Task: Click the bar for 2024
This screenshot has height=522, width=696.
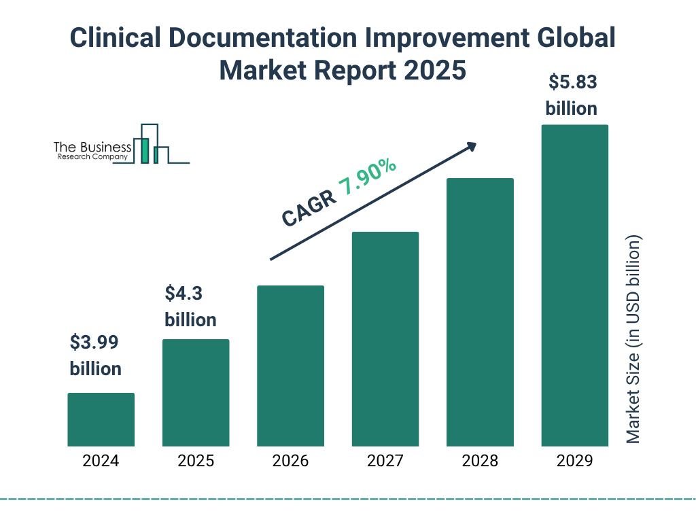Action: click(101, 419)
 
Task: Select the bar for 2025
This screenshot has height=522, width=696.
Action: click(196, 393)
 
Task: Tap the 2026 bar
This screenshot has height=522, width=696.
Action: click(290, 366)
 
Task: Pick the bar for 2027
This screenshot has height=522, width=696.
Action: click(385, 339)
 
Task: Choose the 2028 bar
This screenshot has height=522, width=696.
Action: click(480, 312)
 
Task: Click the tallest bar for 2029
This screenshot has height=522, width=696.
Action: click(574, 285)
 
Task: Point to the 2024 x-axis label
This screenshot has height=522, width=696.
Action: click(101, 461)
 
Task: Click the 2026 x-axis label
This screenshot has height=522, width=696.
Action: click(290, 461)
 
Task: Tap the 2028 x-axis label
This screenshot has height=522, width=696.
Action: click(480, 461)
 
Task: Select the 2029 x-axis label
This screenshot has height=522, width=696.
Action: click(574, 461)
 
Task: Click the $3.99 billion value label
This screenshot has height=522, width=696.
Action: click(96, 355)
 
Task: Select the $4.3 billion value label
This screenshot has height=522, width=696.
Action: click(190, 307)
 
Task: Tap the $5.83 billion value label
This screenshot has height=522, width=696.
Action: click(572, 95)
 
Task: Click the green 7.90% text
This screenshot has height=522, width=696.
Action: click(368, 177)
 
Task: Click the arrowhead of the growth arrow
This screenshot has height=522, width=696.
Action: click(471, 146)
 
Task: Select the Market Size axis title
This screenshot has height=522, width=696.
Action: click(633, 340)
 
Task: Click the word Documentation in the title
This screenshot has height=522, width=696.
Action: click(279, 39)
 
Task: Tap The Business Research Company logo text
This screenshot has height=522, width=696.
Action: click(92, 151)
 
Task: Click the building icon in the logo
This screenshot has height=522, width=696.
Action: click(151, 144)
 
